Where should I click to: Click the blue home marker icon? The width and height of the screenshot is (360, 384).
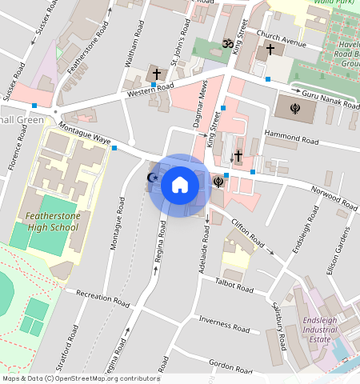(x=180, y=185)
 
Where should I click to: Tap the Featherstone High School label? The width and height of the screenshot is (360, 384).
(x=52, y=222)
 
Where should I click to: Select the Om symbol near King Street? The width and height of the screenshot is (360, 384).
(x=226, y=43)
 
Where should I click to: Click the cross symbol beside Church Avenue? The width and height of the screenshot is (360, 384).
(x=270, y=50)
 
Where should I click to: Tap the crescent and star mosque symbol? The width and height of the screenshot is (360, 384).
(x=153, y=178)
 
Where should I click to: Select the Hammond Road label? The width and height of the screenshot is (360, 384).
(x=291, y=140)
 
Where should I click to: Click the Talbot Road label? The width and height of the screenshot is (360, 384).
(x=234, y=286)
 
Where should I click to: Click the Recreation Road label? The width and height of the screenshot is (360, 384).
(x=102, y=298)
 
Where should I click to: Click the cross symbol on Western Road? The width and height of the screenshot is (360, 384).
(x=155, y=74)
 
